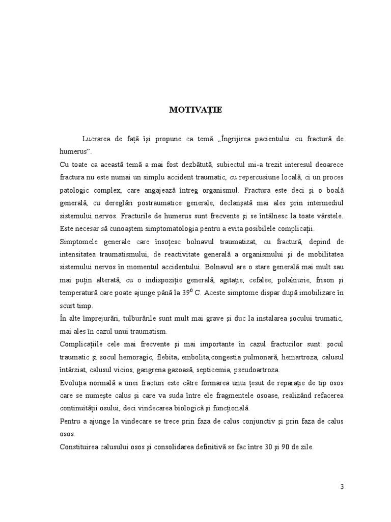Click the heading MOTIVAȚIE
(195, 110)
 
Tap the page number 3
(343, 486)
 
